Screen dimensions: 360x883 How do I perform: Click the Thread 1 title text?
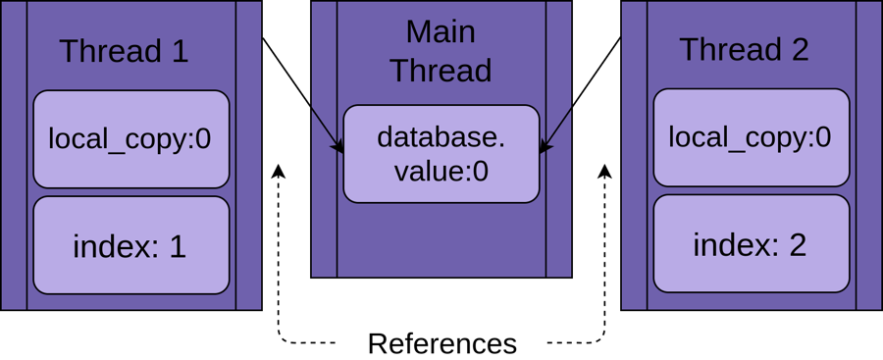(x=124, y=51)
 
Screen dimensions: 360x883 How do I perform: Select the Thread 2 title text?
(x=744, y=49)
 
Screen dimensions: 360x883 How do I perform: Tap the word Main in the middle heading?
(x=441, y=31)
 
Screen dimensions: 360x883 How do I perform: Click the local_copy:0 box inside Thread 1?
(x=130, y=139)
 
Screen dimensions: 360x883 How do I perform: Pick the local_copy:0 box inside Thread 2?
(x=751, y=137)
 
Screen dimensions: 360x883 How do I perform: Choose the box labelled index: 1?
(x=130, y=245)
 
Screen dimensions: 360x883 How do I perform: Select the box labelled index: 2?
(x=751, y=243)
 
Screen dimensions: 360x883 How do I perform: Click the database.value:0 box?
(x=441, y=154)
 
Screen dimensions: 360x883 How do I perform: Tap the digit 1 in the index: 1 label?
(x=178, y=246)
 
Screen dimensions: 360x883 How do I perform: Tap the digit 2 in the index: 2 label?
(x=797, y=244)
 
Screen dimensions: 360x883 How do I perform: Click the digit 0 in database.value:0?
(x=481, y=172)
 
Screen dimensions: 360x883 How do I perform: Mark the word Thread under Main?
(x=441, y=71)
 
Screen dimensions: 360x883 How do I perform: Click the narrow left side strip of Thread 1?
(x=14, y=155)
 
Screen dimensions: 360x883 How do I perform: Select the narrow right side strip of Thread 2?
(x=868, y=155)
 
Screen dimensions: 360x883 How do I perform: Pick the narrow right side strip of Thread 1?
(x=248, y=155)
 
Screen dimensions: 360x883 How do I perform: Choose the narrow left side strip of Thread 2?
(x=634, y=155)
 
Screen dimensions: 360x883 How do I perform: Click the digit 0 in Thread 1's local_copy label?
(x=203, y=139)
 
